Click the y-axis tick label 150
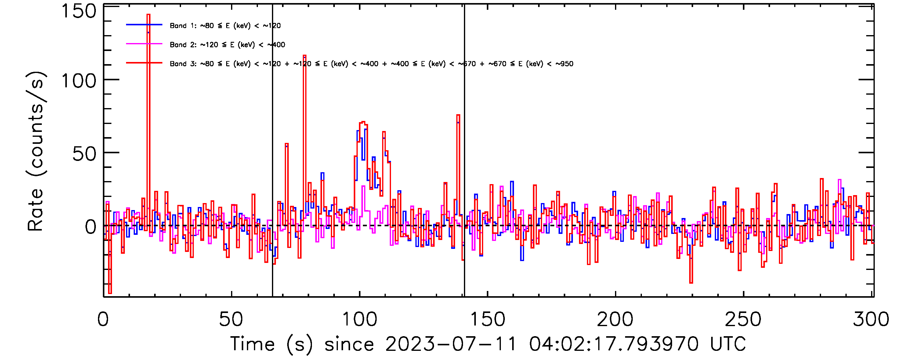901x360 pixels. (78, 11)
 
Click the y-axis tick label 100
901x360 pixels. (78, 81)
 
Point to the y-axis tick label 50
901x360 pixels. (84, 154)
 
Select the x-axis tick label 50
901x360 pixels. (231, 319)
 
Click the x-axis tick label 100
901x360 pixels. (359, 319)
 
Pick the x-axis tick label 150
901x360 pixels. (487, 319)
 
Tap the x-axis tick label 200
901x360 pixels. (615, 319)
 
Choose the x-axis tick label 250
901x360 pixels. (743, 319)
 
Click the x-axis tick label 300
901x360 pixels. (871, 319)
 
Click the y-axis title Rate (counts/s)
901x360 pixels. (36, 151)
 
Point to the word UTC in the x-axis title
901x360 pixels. (728, 344)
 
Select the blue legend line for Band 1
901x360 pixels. (144, 25)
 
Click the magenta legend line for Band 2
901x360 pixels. (144, 44)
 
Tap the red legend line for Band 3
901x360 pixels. (144, 63)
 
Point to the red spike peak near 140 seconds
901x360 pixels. (458, 115)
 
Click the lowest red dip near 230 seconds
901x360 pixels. (691, 282)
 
